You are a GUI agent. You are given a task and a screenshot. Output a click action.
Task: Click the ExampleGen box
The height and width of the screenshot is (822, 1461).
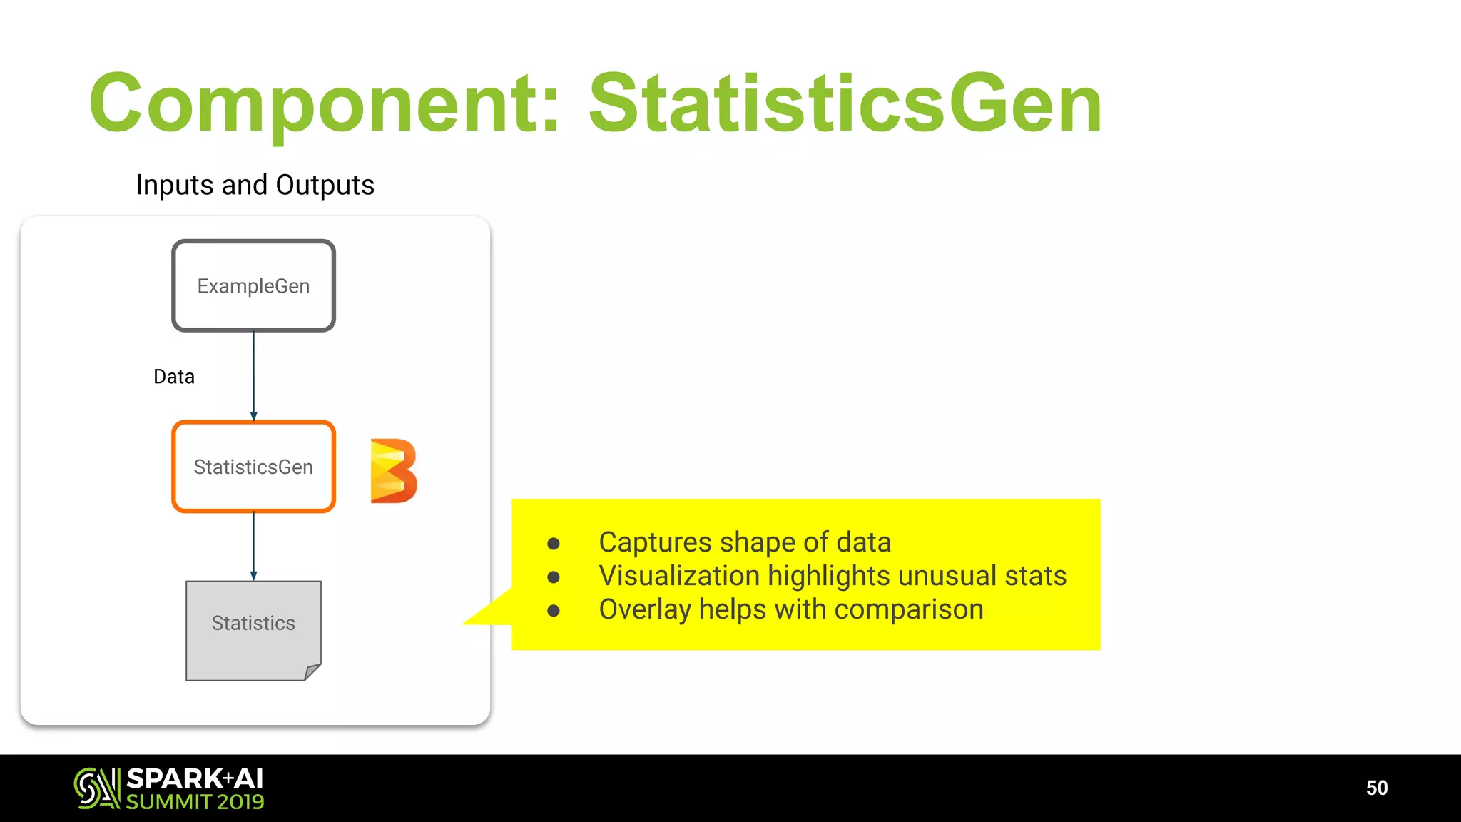coord(253,285)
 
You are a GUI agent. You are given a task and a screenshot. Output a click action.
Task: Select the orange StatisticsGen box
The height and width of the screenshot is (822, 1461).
coord(253,467)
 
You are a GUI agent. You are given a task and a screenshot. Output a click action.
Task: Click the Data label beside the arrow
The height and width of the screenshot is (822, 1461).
coord(174,377)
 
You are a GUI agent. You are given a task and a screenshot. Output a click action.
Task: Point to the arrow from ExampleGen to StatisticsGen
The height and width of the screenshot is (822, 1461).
coord(254,375)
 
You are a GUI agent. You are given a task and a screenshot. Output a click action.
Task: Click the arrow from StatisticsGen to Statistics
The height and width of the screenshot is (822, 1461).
coord(254,546)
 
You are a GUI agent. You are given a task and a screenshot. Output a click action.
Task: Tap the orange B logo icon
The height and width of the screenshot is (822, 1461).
coord(393,471)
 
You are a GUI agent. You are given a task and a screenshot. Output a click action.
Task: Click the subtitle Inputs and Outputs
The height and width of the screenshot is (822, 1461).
coord(255,185)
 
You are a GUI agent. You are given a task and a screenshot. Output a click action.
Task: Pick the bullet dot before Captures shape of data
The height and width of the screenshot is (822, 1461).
coord(554,544)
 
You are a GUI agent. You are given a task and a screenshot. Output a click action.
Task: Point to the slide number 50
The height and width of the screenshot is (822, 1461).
coord(1376,788)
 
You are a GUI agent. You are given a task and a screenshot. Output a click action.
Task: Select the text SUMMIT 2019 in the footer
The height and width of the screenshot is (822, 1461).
coord(195,802)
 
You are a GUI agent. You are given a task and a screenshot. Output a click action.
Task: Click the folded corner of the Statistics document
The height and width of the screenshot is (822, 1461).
coord(312,671)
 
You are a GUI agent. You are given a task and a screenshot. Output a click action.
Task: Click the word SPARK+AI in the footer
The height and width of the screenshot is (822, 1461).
coord(195,778)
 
